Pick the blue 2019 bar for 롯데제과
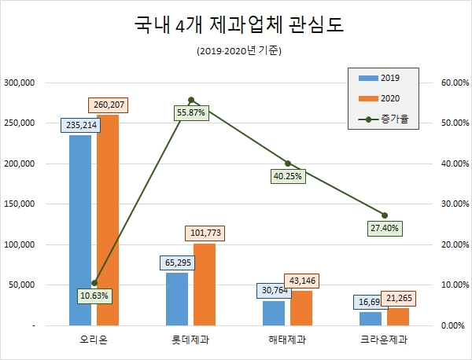click(177, 299)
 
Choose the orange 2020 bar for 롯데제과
click(205, 284)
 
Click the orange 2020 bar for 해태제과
click(301, 307)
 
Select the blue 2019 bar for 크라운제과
click(371, 318)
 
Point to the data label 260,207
click(108, 105)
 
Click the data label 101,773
click(205, 233)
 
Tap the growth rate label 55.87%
click(191, 113)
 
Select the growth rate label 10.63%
click(94, 296)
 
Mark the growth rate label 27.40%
click(385, 229)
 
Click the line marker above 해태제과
click(288, 163)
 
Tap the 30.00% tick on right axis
click(452, 204)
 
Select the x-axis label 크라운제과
click(385, 340)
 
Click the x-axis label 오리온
click(94, 340)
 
